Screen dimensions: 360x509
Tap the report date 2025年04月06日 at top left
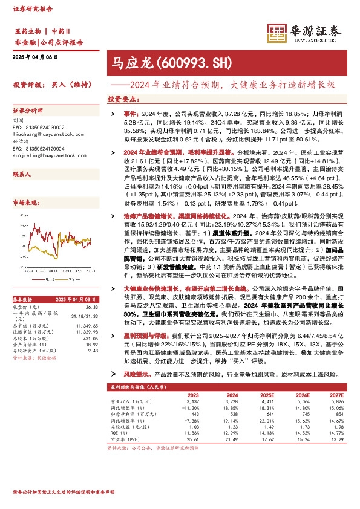click(34, 57)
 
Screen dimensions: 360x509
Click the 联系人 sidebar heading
click(22, 173)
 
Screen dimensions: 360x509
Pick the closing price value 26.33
click(92, 324)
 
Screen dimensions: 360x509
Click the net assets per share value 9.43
click(93, 368)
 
